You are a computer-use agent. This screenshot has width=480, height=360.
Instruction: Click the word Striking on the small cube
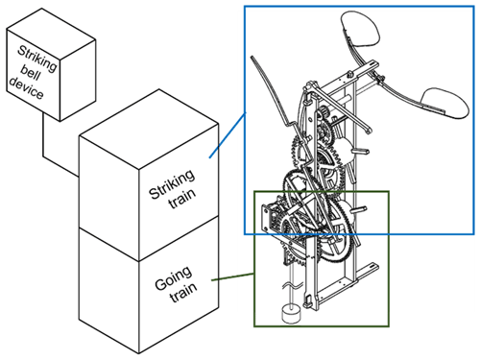(x=36, y=59)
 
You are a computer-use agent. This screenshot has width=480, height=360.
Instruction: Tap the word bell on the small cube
(x=31, y=74)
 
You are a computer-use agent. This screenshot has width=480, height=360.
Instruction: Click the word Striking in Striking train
(x=172, y=184)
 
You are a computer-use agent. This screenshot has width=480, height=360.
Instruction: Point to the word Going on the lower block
(x=174, y=278)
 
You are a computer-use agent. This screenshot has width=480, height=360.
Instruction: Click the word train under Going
(x=183, y=293)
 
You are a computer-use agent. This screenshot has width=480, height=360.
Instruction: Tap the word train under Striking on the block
(x=182, y=199)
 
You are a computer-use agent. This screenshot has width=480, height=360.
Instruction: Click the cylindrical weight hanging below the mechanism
(x=291, y=314)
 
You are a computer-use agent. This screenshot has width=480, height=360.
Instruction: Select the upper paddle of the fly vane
(x=361, y=29)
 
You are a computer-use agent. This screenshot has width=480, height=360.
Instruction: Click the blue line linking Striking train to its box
(x=228, y=135)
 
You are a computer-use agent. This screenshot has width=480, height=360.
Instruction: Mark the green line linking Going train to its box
(x=233, y=277)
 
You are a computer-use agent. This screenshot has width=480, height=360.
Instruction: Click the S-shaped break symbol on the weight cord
(x=292, y=285)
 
